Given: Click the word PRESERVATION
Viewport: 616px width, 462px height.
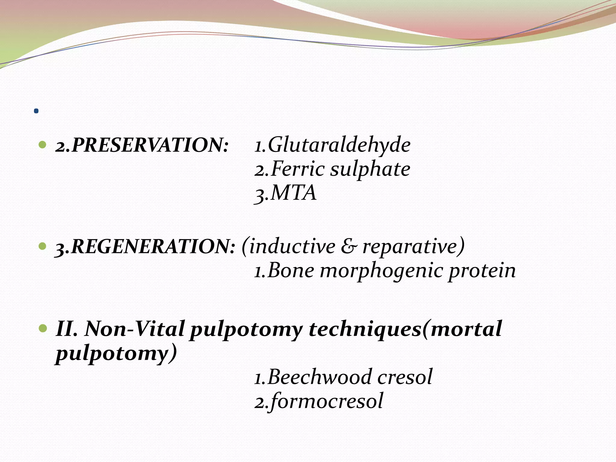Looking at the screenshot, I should [x=149, y=145].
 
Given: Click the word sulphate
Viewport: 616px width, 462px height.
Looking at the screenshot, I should [x=370, y=169].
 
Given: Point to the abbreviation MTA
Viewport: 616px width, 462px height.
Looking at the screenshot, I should [x=294, y=193].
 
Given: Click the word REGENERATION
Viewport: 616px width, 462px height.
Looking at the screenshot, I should [x=152, y=247].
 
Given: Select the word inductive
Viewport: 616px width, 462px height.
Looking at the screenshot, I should [x=292, y=247].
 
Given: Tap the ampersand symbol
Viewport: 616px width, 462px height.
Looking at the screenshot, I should [x=349, y=247].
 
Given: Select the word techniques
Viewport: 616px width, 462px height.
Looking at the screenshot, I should [x=365, y=329].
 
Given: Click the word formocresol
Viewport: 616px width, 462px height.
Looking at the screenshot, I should [x=327, y=401].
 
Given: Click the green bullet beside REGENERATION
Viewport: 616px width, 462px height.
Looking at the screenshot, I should [x=43, y=247].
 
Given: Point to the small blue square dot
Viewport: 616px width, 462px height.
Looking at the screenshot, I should [x=36, y=111].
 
